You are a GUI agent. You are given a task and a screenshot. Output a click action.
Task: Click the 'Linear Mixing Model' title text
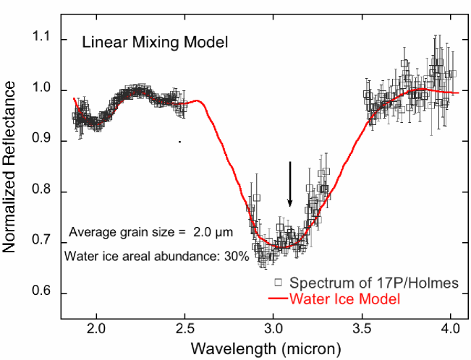(155, 42)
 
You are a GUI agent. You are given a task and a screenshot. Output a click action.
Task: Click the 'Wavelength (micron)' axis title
(265, 348)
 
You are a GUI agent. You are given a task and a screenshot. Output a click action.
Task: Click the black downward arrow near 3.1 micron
(290, 184)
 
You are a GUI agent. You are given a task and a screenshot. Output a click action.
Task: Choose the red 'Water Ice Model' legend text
(344, 297)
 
